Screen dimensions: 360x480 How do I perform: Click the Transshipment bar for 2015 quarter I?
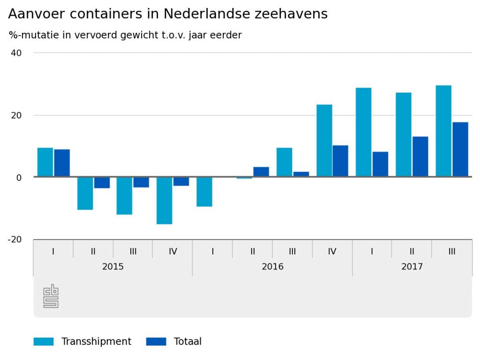(x=45, y=162)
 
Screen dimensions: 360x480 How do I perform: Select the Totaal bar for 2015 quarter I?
(x=62, y=163)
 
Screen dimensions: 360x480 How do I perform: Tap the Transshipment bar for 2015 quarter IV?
(x=165, y=200)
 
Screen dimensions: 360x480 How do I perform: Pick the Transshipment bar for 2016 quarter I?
(x=204, y=192)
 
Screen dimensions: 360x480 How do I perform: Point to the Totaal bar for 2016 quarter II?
(x=261, y=172)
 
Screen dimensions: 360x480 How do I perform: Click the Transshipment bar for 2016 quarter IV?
(x=324, y=141)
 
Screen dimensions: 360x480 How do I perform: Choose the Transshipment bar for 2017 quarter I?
(x=363, y=132)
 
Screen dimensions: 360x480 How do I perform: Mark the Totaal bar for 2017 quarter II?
(x=420, y=157)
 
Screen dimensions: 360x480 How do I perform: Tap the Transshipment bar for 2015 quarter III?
(x=124, y=195)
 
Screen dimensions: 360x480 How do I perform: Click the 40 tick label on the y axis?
(x=16, y=53)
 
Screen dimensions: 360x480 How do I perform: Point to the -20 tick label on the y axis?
(x=15, y=240)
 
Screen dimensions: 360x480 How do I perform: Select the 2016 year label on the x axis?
(x=272, y=267)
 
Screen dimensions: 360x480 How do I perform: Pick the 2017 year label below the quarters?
(x=412, y=267)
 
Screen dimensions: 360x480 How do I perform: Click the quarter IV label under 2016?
(x=332, y=251)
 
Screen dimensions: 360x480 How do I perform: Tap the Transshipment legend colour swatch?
(x=44, y=342)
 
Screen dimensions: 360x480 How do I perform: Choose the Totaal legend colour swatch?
(x=156, y=342)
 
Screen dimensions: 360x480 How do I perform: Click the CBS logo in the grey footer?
(x=51, y=296)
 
